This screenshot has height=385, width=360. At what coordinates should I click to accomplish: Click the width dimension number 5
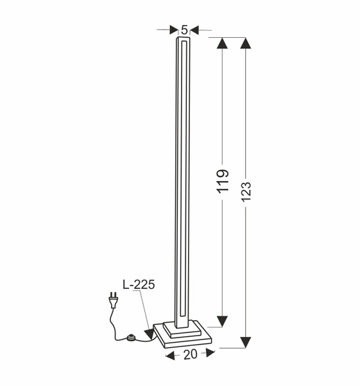pos(184,30)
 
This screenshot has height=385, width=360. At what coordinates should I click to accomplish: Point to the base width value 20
pos(190,354)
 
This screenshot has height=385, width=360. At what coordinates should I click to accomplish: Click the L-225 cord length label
pos(139,284)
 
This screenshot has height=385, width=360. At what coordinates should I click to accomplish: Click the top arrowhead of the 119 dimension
pos(222,44)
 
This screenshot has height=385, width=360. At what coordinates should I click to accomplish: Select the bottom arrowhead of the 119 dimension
pos(222,321)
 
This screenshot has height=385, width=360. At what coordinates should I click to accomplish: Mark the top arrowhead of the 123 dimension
pos(246,44)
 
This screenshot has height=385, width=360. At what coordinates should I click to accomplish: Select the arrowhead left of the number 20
pos(169,354)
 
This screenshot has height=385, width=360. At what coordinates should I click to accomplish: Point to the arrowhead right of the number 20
pos(210,354)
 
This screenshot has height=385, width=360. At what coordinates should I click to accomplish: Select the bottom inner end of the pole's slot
pos(184,316)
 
